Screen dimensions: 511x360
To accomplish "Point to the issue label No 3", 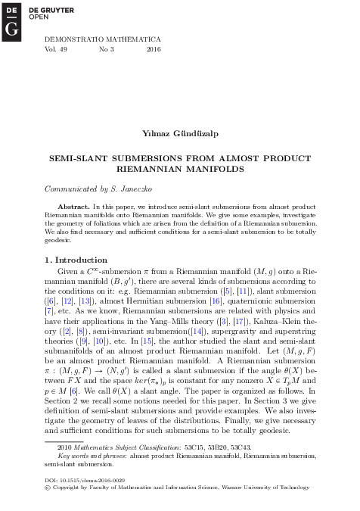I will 106,48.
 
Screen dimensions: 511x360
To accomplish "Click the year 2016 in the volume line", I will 154,48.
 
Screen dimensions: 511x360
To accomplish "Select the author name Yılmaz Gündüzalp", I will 179,133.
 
